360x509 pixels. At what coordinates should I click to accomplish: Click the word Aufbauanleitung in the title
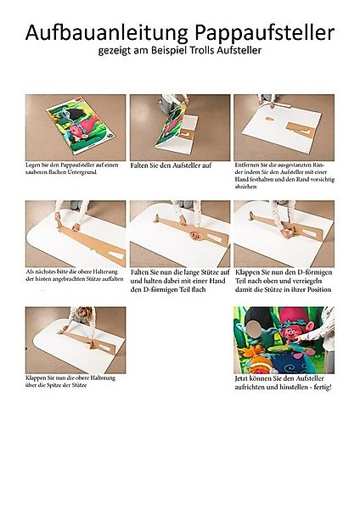tap(104, 34)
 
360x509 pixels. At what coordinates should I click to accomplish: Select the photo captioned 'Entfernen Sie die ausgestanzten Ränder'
tap(284, 127)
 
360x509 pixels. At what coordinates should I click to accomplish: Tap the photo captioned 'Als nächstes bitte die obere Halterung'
tap(76, 233)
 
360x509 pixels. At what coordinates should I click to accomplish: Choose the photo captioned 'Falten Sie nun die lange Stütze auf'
tap(179, 233)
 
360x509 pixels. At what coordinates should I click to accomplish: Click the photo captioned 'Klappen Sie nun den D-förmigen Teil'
tap(284, 233)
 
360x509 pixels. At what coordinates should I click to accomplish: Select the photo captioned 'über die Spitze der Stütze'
tap(76, 339)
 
